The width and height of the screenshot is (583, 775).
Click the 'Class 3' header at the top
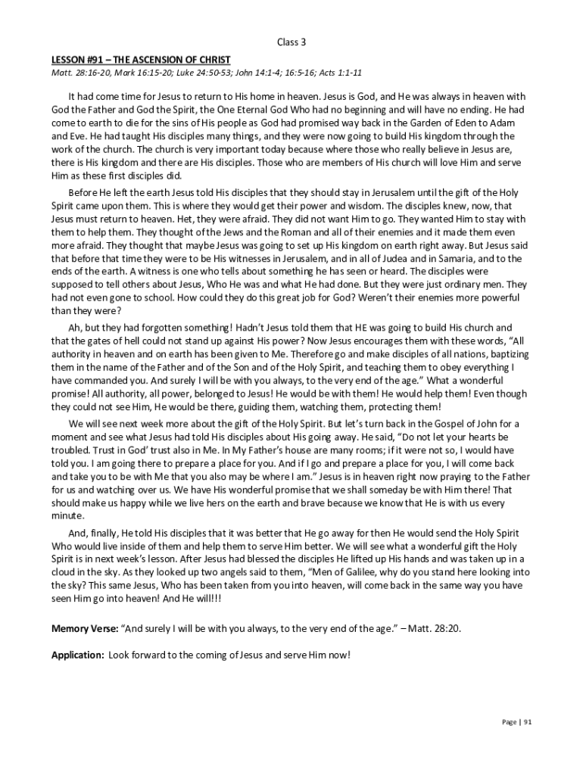pos(291,42)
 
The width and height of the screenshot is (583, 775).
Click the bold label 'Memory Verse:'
pos(81,629)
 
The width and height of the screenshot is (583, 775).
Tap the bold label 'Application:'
pos(78,655)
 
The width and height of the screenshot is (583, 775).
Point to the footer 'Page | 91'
pos(518,722)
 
